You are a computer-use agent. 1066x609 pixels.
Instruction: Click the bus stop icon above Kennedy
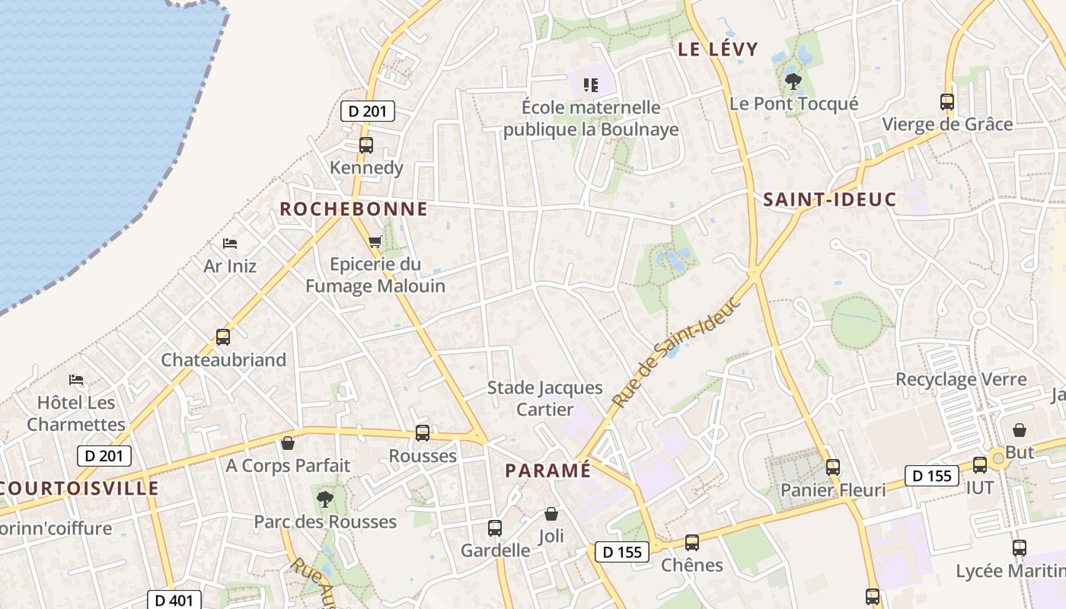[366, 145]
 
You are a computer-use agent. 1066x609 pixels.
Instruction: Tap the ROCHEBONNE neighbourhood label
[353, 209]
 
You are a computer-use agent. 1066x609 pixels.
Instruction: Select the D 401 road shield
[174, 601]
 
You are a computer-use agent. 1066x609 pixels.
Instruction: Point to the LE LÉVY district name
[718, 49]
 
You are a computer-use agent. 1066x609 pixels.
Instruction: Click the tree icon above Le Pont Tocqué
[793, 81]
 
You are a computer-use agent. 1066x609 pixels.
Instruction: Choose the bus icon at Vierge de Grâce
[947, 102]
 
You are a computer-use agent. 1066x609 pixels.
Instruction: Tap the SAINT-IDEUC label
[829, 199]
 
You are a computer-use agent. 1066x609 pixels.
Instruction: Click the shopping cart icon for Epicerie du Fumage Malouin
[375, 242]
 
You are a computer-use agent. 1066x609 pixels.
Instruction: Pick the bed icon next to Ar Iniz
[230, 244]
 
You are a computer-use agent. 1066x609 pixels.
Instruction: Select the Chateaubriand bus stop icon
[223, 336]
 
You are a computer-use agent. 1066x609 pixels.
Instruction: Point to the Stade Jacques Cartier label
[544, 398]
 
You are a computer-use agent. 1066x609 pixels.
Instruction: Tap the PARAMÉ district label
[547, 470]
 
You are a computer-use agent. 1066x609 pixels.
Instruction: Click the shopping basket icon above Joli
[551, 515]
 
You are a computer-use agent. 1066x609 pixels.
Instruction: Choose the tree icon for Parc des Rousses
[325, 499]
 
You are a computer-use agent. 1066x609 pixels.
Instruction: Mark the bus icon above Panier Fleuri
[833, 467]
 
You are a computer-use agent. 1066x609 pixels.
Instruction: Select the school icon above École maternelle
[590, 84]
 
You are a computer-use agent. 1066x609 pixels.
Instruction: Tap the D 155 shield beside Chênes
[622, 552]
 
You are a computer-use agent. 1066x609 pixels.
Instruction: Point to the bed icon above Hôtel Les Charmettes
[76, 379]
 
